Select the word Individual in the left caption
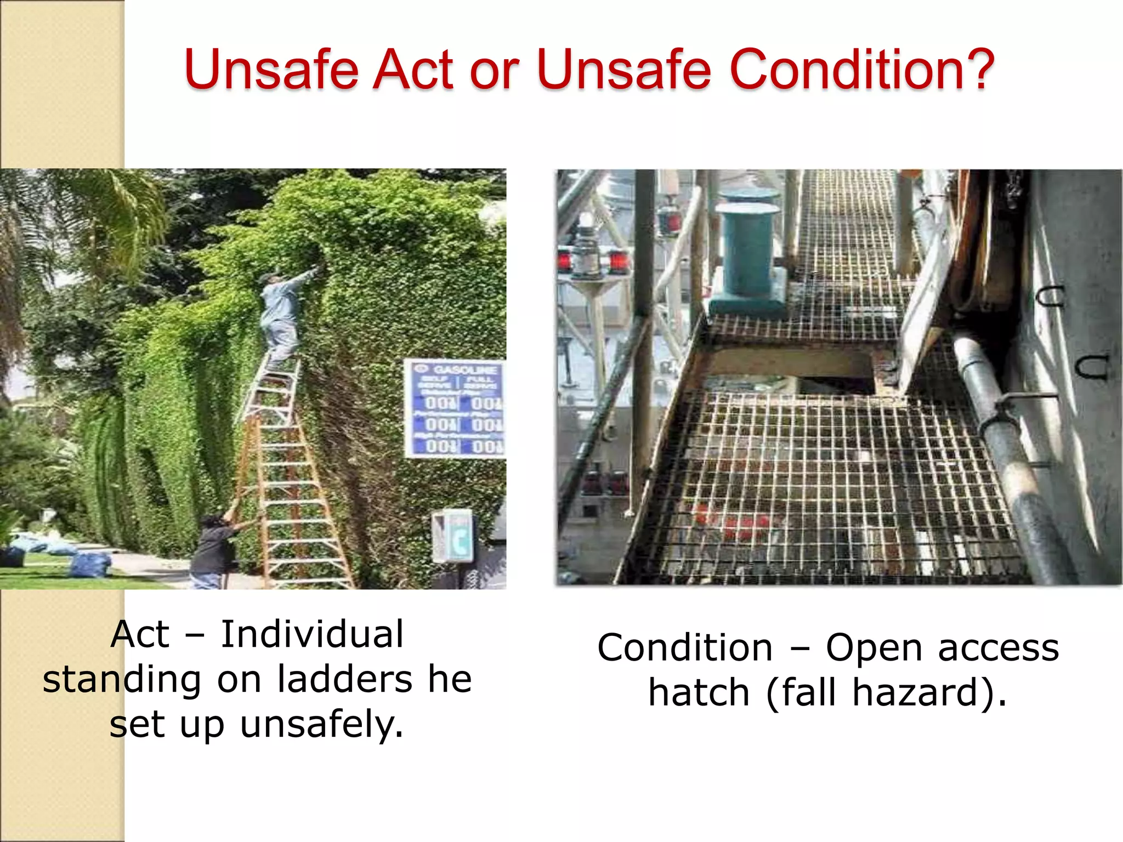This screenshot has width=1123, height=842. (x=312, y=634)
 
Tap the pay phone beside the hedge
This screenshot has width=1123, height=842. (x=452, y=537)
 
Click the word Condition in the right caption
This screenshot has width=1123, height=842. (x=685, y=648)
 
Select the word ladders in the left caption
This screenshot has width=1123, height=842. (x=344, y=680)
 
